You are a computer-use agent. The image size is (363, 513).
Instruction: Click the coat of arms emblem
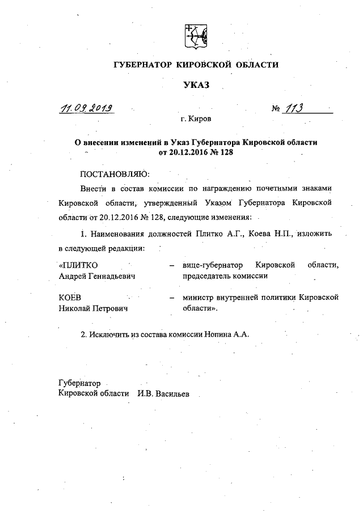point(196,36)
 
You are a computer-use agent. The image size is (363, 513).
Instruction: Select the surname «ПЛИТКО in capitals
point(78,265)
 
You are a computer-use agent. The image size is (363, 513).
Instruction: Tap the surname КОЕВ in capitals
point(70,298)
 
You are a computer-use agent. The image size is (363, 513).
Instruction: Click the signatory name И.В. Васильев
point(164,394)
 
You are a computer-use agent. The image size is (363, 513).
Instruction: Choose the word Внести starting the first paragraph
point(94,188)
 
